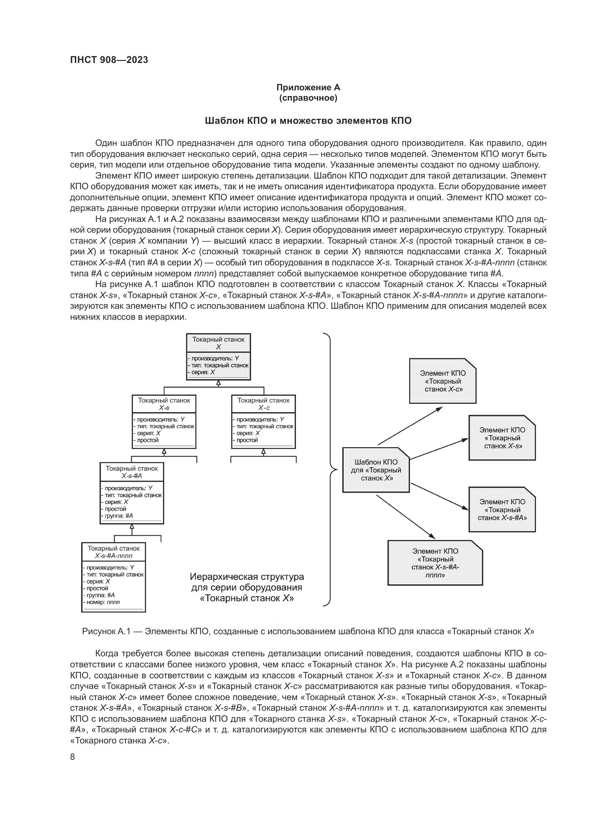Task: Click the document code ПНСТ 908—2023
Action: tap(109, 60)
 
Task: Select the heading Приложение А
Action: tap(308, 88)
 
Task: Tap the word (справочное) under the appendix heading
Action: tap(308, 98)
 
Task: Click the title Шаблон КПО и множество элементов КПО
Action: tap(308, 121)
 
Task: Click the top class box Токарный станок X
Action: tap(218, 357)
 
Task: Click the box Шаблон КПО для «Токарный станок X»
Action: tap(376, 470)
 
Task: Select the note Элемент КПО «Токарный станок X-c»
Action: tap(443, 381)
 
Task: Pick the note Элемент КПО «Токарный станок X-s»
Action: tap(502, 438)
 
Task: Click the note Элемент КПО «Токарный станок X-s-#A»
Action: tap(502, 509)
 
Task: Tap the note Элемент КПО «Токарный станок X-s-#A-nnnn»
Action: tap(435, 563)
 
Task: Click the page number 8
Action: tap(73, 757)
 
